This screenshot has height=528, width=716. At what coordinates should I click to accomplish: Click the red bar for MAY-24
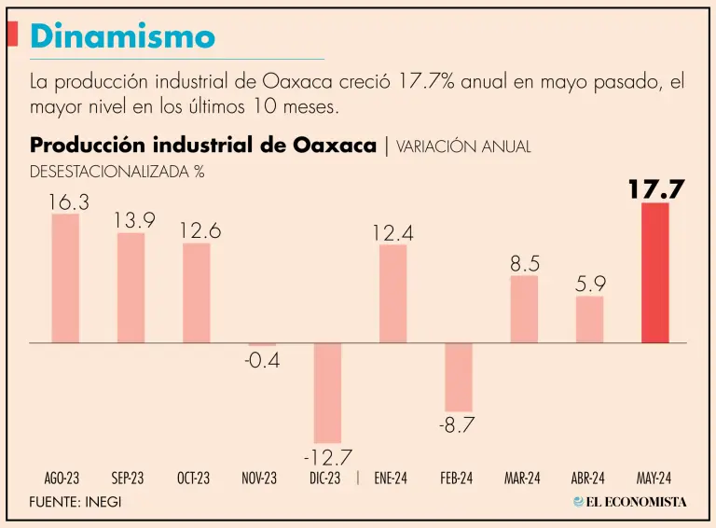[x=654, y=272]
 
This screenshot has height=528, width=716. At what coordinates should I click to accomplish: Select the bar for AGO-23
[x=65, y=278]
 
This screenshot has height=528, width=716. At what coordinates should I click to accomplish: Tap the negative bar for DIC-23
[x=327, y=392]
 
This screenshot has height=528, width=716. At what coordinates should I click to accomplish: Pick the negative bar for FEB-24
[x=458, y=377]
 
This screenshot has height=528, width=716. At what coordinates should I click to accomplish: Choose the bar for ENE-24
[x=392, y=293]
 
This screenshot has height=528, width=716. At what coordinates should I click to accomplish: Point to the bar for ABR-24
[x=589, y=319]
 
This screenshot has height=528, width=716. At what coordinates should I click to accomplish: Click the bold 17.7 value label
[x=655, y=190]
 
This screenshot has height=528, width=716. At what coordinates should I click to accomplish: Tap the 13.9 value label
[x=134, y=220]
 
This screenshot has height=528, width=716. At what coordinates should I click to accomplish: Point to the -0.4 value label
[x=262, y=360]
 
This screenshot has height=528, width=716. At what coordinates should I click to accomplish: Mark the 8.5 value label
[x=524, y=264]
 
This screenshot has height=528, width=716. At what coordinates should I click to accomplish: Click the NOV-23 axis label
[x=259, y=479]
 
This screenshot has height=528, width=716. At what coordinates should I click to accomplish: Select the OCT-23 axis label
[x=193, y=479]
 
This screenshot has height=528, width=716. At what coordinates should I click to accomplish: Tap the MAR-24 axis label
[x=522, y=479]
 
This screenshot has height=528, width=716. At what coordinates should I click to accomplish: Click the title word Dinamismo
[x=122, y=36]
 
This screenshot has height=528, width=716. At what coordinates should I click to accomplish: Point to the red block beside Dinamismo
[x=12, y=35]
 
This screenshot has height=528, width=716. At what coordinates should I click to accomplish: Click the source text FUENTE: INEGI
[x=76, y=502]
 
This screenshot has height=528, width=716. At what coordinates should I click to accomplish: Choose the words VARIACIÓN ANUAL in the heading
[x=463, y=146]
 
